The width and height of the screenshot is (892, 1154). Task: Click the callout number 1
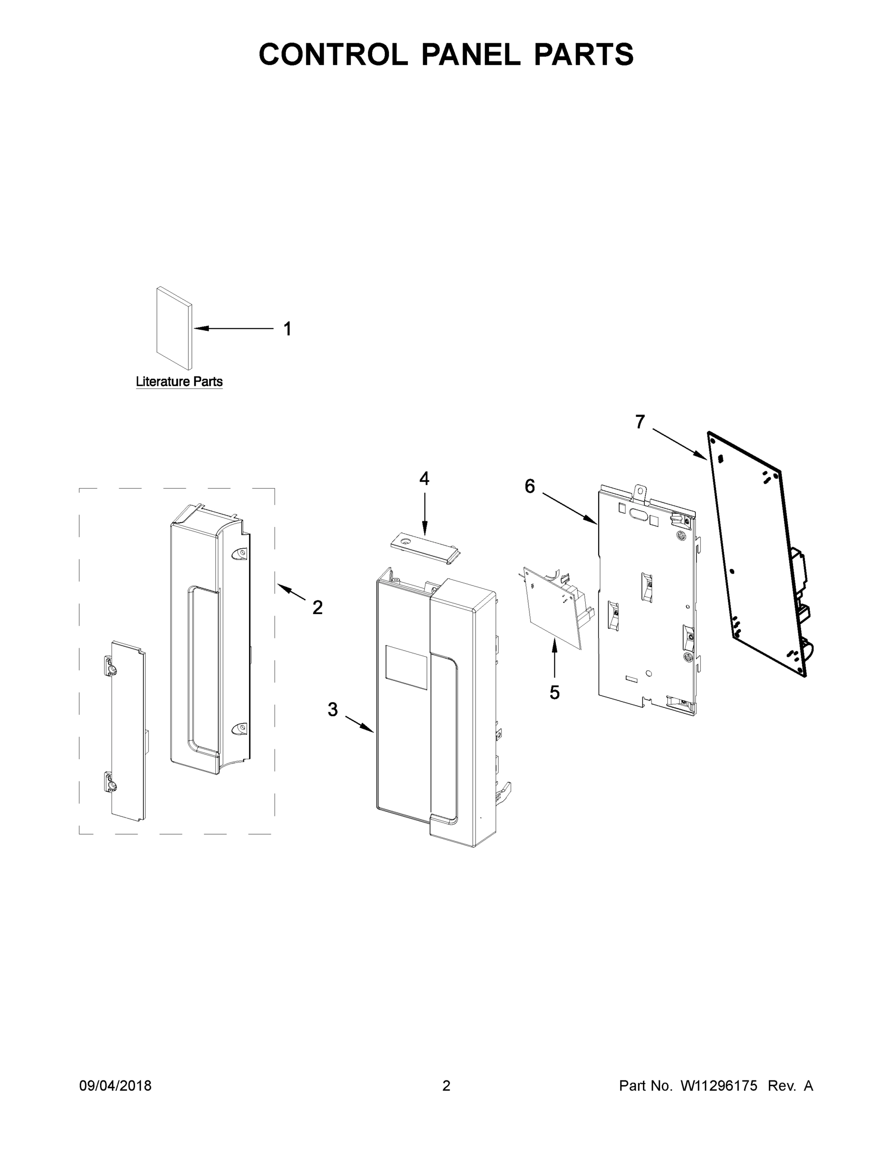[288, 329]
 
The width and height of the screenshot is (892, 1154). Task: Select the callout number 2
[317, 607]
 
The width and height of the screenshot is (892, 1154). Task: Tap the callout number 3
[332, 709]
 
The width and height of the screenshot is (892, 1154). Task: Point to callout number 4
[424, 479]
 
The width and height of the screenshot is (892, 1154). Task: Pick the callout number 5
[554, 692]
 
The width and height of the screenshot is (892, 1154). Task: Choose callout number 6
[529, 486]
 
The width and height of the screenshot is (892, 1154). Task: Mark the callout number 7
[640, 422]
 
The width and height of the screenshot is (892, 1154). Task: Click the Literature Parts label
[179, 381]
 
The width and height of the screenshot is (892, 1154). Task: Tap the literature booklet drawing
[174, 328]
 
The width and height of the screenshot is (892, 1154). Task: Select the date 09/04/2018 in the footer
[115, 1085]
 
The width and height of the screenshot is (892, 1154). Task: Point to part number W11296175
[719, 1085]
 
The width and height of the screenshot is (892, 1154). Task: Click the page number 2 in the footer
[446, 1085]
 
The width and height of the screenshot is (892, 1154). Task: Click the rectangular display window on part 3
[406, 667]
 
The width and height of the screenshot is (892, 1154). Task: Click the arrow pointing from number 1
[233, 329]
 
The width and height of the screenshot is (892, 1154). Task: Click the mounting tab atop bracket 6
[641, 491]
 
